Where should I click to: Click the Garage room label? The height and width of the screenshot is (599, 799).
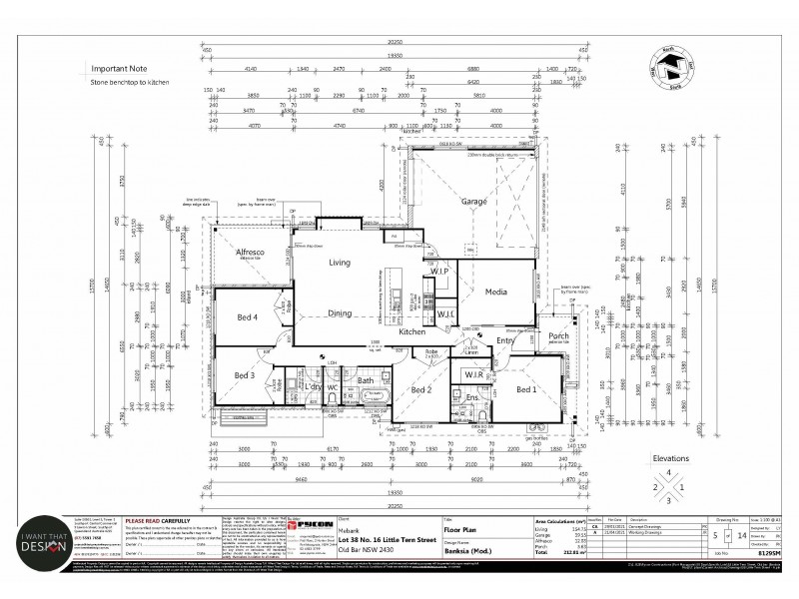tap(472, 201)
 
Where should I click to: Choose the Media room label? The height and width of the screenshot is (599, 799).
tap(496, 294)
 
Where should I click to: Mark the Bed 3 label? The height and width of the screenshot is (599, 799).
tap(245, 375)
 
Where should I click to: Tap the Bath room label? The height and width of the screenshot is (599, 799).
tap(366, 380)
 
